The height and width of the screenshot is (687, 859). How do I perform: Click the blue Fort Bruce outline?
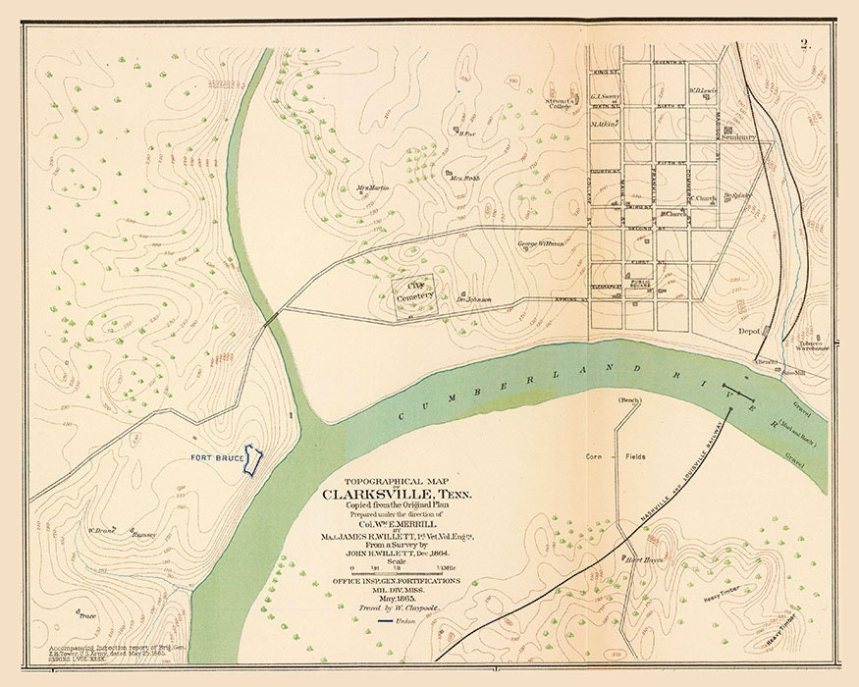pyautogui.click(x=254, y=460)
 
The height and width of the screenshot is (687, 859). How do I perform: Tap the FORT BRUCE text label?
pyautogui.click(x=216, y=458)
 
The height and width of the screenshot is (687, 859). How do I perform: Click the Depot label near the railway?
pyautogui.click(x=750, y=332)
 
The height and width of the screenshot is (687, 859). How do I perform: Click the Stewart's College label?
pyautogui.click(x=560, y=102)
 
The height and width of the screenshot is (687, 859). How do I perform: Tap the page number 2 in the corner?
pyautogui.click(x=804, y=43)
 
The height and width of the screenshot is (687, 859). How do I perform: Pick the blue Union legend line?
pyautogui.click(x=375, y=620)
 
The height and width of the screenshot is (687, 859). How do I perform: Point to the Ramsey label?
pyautogui.click(x=143, y=535)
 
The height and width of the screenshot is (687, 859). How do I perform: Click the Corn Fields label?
pyautogui.click(x=617, y=457)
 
